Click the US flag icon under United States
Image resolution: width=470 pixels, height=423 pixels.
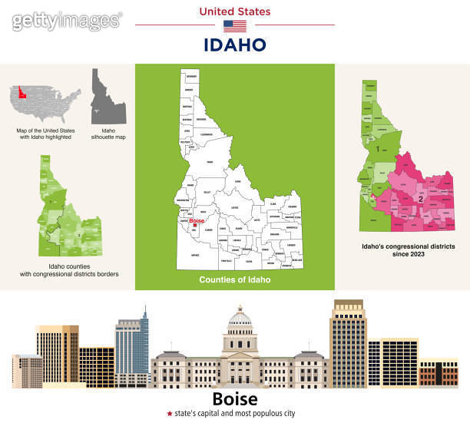[235, 25]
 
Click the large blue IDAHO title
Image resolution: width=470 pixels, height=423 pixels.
[235, 45]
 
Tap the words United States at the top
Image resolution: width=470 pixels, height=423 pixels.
[235, 11]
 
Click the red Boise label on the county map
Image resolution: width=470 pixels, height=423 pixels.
[196, 220]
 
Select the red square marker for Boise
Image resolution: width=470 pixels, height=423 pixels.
[196, 225]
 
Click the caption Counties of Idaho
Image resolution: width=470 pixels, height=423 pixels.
[234, 279]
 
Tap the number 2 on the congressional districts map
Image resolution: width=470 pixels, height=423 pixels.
[420, 199]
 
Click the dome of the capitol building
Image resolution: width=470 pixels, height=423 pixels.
[240, 317]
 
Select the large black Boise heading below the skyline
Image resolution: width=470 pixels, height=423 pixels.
[234, 400]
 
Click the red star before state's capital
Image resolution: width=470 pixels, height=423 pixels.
[170, 414]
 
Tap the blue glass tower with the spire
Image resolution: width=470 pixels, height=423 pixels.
[131, 345]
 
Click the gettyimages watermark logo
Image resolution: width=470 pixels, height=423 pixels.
[67, 21]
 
